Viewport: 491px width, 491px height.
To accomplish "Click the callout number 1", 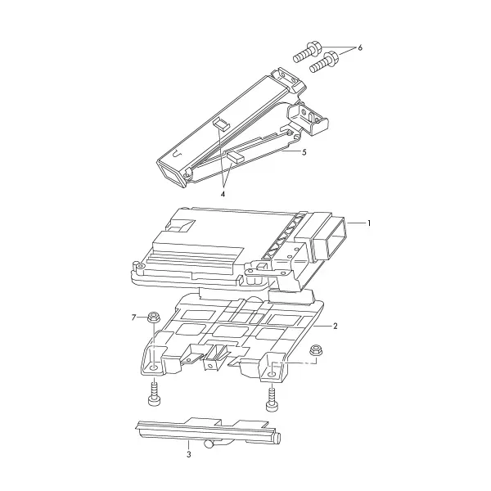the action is (x=370, y=223).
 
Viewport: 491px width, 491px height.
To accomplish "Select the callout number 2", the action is (x=336, y=326).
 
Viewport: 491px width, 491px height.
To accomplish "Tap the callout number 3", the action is (x=188, y=454).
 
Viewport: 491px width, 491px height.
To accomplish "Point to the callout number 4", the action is (x=223, y=194).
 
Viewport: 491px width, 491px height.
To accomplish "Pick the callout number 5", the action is (x=304, y=152).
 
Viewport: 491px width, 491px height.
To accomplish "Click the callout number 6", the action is (x=360, y=48).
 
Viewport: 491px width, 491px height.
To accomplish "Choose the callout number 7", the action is (x=133, y=318).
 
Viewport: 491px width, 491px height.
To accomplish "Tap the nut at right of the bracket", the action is (x=315, y=350).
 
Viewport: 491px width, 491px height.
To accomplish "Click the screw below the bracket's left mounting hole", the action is (x=153, y=394).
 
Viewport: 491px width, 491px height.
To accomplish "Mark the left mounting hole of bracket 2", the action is (x=154, y=367).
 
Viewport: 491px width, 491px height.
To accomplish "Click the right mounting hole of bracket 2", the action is (x=272, y=374).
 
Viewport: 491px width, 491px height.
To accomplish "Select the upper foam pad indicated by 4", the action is (x=222, y=124).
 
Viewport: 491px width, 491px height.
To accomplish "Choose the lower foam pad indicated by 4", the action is (x=235, y=156).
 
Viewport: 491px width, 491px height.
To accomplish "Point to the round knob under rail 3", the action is (x=208, y=444).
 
